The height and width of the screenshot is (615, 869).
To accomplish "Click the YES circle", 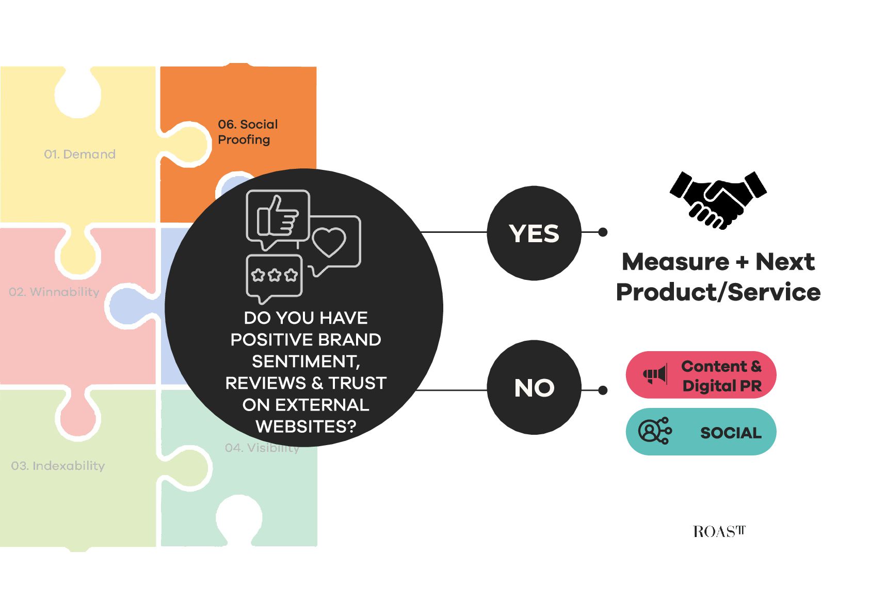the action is (x=534, y=233).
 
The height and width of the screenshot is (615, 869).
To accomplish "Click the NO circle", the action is (x=534, y=387).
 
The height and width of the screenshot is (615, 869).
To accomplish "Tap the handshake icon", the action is (x=718, y=200).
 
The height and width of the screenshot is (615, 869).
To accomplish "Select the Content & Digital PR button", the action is (x=701, y=375).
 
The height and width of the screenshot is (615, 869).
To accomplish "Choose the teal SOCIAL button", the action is (x=701, y=432).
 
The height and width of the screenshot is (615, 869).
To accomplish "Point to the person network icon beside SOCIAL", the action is (x=655, y=431).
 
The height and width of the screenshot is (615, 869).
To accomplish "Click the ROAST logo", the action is (x=719, y=531).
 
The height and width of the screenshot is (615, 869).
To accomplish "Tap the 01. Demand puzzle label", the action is (x=79, y=154).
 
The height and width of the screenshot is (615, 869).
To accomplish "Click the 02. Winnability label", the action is (x=54, y=292).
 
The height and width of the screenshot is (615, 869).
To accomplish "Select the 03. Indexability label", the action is (x=58, y=466).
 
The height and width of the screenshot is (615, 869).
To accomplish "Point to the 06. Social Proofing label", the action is (x=248, y=132).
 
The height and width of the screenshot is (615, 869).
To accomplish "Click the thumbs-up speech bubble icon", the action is (x=278, y=219).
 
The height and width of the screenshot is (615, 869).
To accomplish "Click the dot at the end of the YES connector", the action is (x=603, y=232).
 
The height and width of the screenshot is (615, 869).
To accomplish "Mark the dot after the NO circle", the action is (x=603, y=390).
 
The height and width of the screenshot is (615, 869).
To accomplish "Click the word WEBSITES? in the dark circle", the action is (x=305, y=427).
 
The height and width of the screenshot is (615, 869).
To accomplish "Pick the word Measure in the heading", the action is (x=675, y=262).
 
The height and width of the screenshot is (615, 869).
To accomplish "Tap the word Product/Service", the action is (x=718, y=292).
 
